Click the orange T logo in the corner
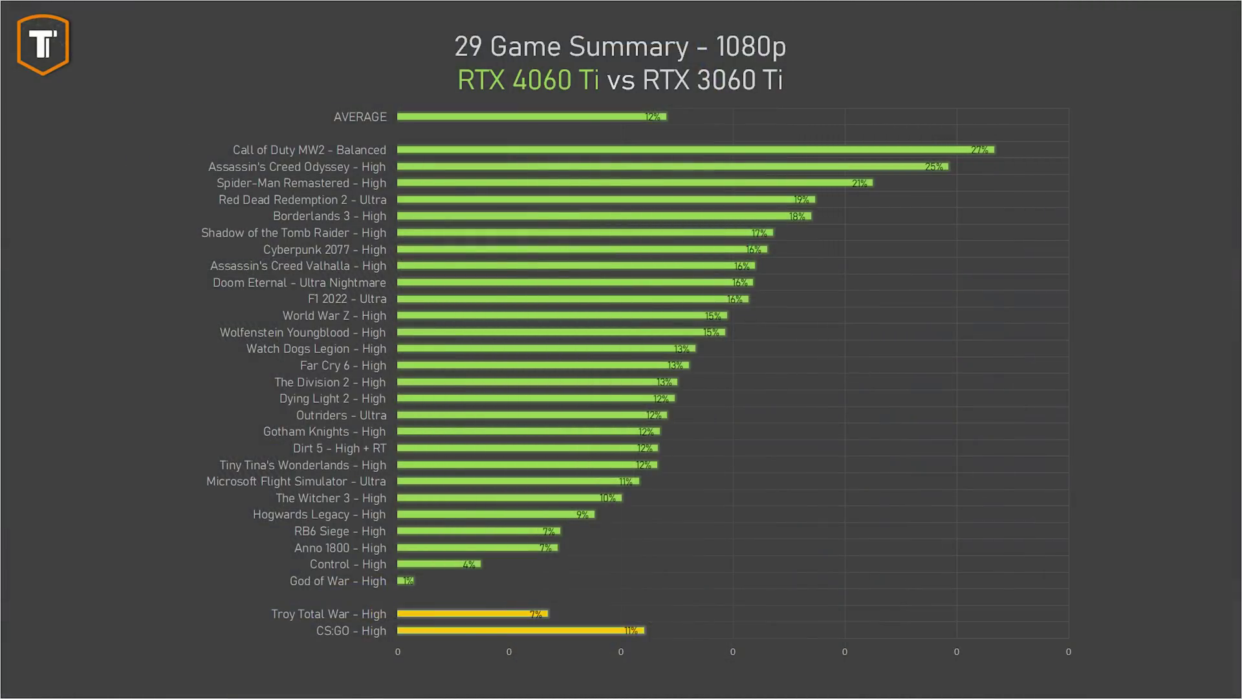click(43, 44)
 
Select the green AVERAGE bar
click(530, 116)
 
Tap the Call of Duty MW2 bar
click(695, 150)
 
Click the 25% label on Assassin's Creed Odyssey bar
click(933, 167)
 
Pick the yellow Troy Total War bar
click(472, 614)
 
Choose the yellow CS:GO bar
click(520, 630)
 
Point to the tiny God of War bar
click(405, 581)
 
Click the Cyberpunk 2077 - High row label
click(324, 249)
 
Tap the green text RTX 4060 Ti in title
click(528, 80)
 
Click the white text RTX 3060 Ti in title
click(712, 80)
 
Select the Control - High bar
click(439, 564)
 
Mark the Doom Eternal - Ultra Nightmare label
click(299, 283)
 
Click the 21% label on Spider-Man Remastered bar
click(859, 184)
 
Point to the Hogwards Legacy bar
click(496, 515)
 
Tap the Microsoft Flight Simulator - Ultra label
click(296, 482)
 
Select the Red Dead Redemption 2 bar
click(605, 199)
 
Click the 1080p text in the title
click(750, 47)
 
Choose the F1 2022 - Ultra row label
click(347, 299)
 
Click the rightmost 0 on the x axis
click(1068, 652)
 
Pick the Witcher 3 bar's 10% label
click(607, 498)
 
